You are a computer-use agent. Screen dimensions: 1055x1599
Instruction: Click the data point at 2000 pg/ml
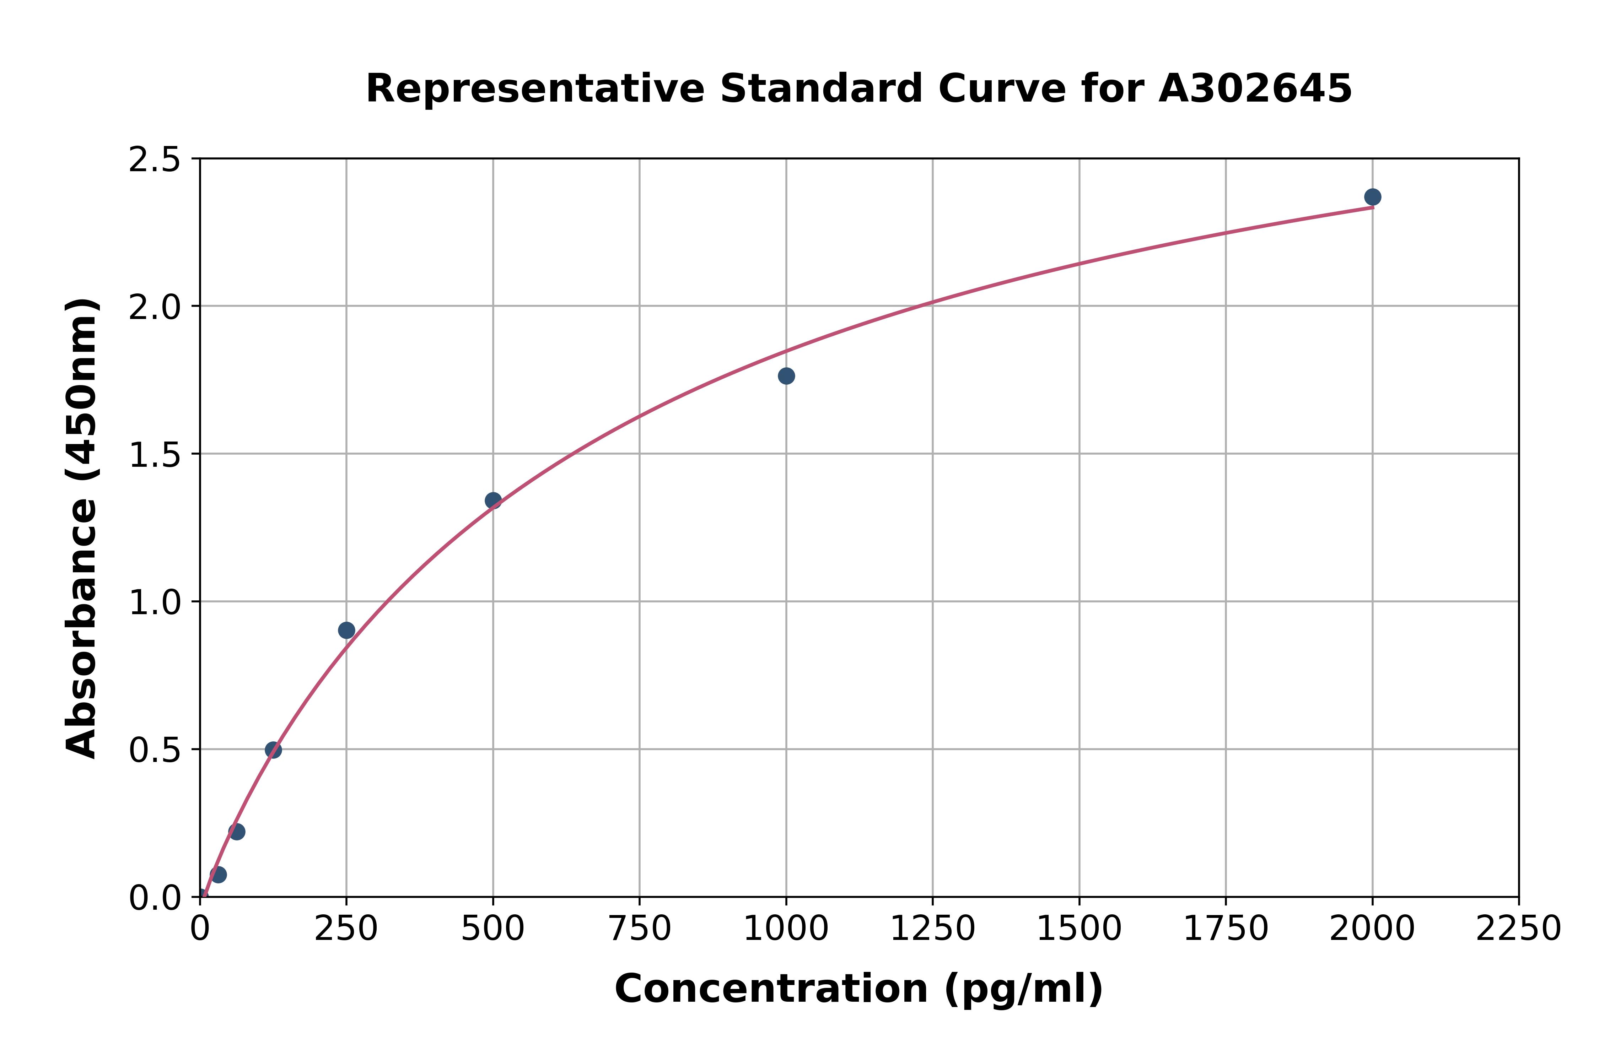pyautogui.click(x=1372, y=197)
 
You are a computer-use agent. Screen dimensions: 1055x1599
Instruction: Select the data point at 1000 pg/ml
pyautogui.click(x=786, y=376)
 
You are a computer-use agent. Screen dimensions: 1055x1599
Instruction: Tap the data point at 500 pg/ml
pyautogui.click(x=493, y=501)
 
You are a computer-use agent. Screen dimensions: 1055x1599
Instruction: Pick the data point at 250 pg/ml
pyautogui.click(x=346, y=631)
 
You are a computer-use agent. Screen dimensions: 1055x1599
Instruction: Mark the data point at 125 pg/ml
pyautogui.click(x=273, y=750)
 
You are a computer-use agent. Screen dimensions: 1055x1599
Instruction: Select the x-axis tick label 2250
pyautogui.click(x=1518, y=929)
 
